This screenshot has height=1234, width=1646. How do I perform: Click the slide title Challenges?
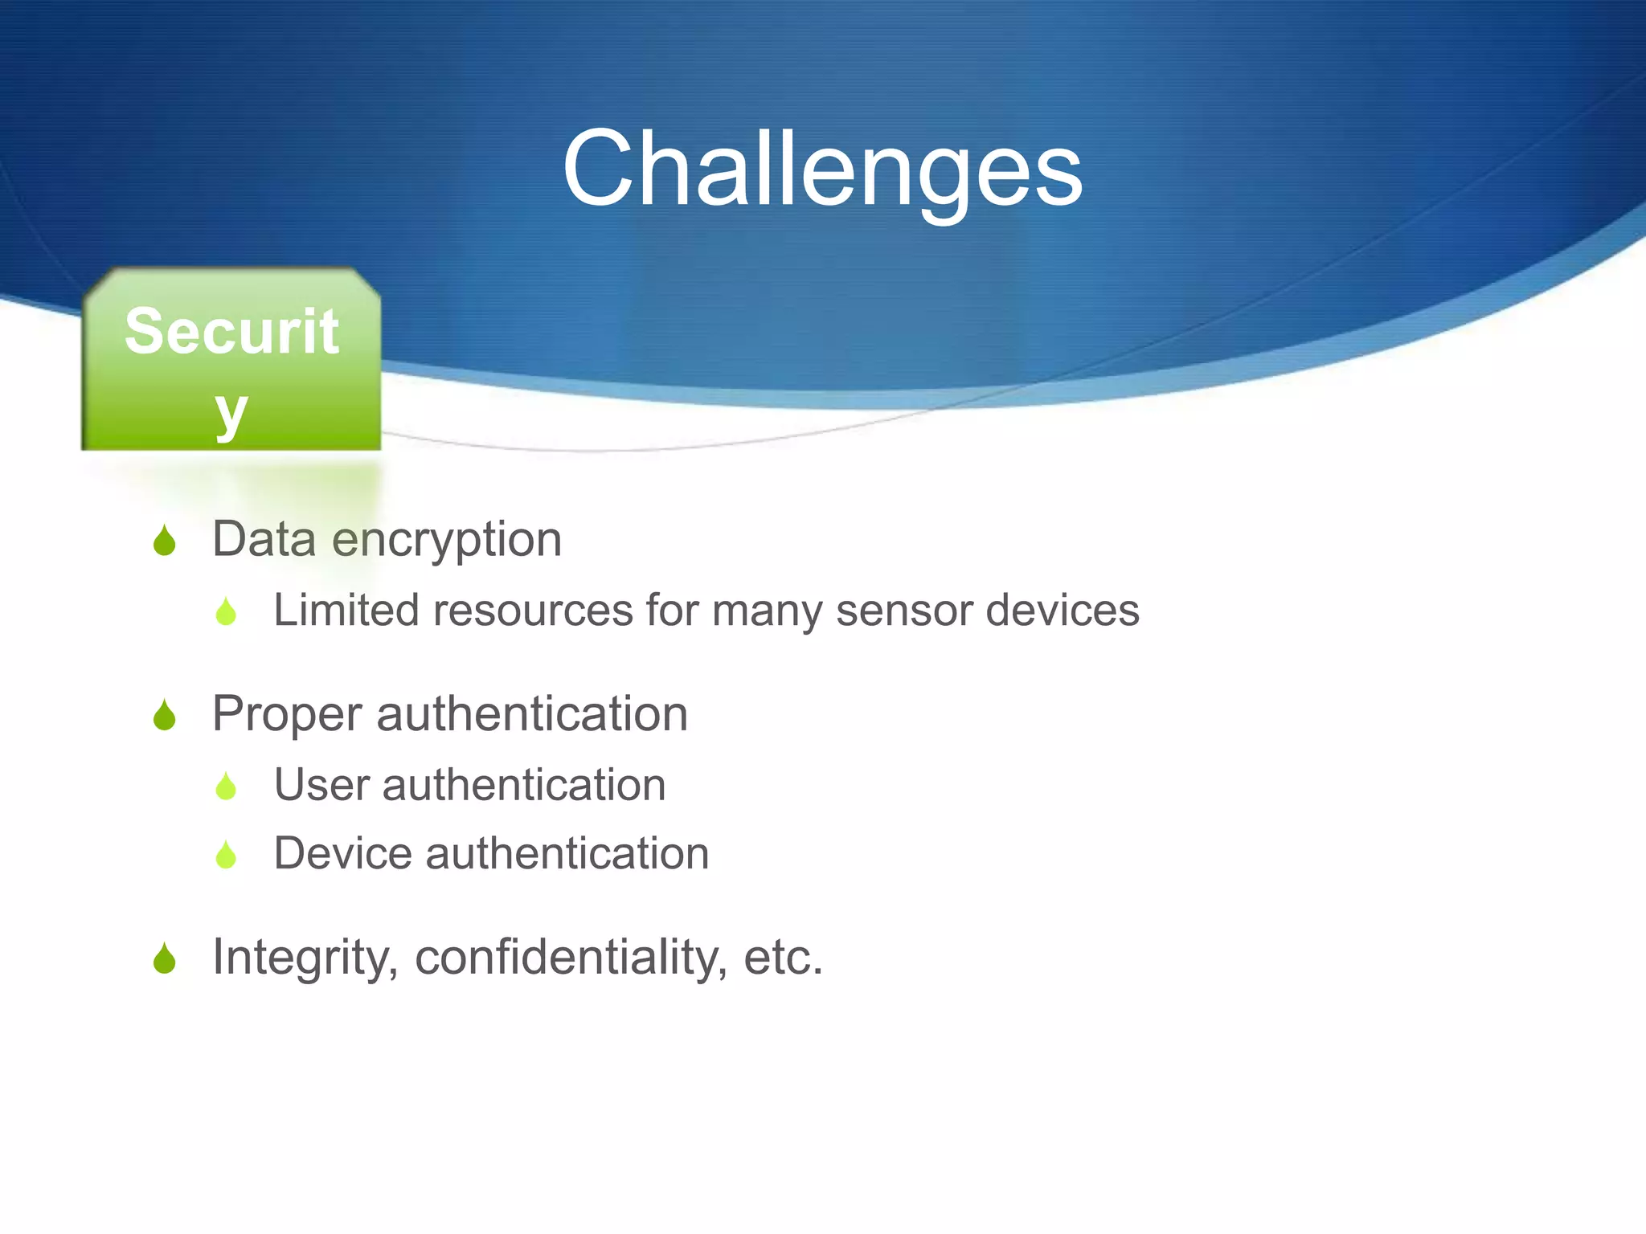tap(822, 170)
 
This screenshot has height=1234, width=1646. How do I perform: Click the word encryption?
tap(447, 541)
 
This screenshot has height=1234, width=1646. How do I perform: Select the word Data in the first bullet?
tap(264, 539)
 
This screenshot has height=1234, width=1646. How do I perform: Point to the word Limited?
tap(346, 610)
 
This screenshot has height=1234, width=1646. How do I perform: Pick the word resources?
tap(533, 611)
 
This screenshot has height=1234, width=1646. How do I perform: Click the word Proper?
tap(287, 715)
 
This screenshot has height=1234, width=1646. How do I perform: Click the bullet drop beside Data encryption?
tap(165, 541)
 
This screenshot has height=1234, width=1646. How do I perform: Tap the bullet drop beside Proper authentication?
tap(165, 715)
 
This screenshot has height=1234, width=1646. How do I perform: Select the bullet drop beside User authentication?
tap(227, 787)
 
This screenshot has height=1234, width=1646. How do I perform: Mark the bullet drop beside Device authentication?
tap(227, 855)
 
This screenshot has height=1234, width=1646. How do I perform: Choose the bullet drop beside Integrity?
tap(165, 958)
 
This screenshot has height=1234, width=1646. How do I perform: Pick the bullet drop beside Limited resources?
tap(227, 612)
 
